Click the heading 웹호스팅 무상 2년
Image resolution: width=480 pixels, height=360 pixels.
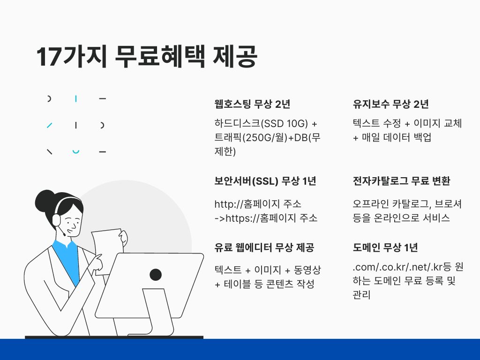[252, 104]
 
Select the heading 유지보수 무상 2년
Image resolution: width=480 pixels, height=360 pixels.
[390, 104]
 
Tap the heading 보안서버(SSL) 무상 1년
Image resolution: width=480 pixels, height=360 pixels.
[265, 181]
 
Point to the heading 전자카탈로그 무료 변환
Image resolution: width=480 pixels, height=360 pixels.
[402, 181]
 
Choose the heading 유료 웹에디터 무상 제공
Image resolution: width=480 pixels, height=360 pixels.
[264, 247]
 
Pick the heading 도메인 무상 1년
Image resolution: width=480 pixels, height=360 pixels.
[385, 247]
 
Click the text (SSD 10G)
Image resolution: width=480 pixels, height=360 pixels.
[285, 123]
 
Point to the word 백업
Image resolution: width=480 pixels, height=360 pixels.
[422, 137]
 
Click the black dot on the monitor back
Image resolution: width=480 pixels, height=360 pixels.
[156, 275]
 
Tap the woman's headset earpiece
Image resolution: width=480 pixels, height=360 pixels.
[57, 220]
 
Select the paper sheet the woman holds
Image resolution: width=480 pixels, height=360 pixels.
[107, 251]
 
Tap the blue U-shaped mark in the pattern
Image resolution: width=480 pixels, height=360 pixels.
[75, 151]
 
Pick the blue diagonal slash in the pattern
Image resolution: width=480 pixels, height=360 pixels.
[49, 125]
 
